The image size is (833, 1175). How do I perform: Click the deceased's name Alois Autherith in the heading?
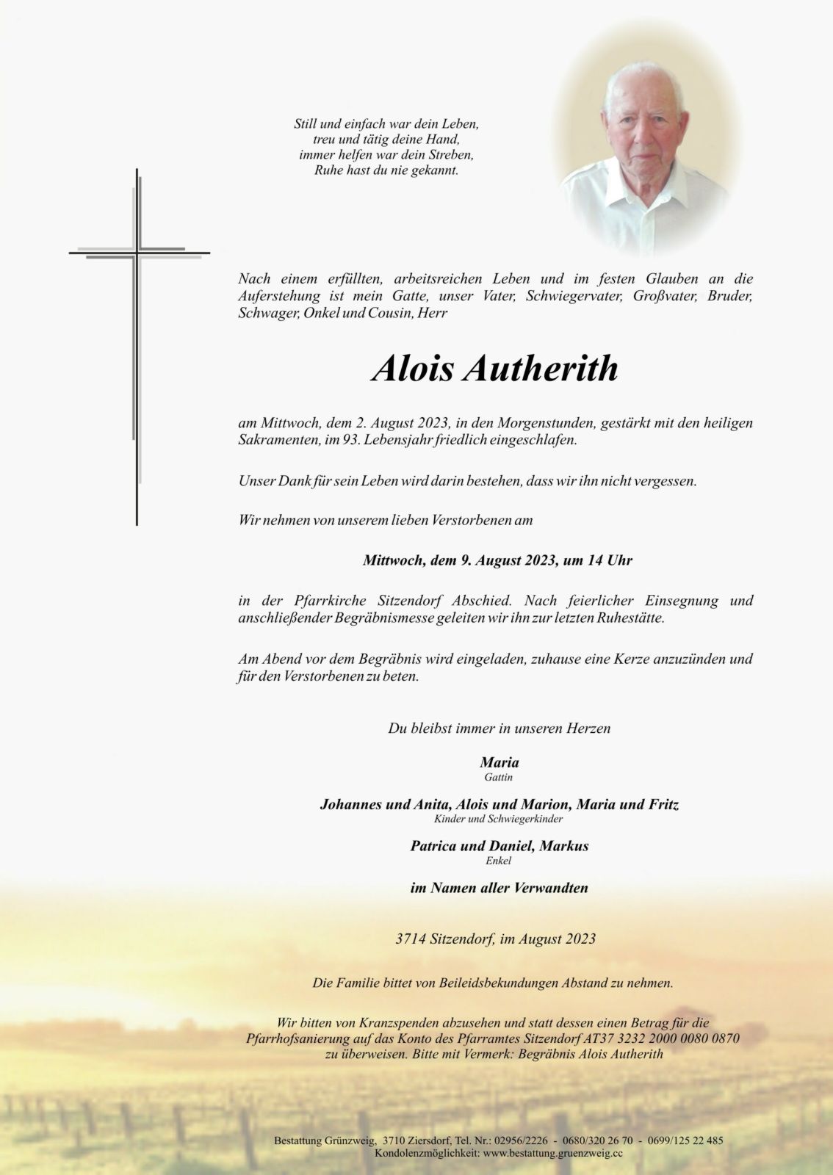point(494,369)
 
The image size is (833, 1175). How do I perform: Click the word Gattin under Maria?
point(499,777)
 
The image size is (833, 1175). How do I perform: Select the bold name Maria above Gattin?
point(499,763)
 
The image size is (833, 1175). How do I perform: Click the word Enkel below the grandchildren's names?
point(499,861)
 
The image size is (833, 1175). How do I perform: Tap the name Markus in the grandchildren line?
point(563,846)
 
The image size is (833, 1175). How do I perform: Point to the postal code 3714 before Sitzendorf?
point(411,939)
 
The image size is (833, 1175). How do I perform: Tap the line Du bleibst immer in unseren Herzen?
point(499,729)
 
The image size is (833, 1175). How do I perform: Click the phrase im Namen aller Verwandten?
point(499,888)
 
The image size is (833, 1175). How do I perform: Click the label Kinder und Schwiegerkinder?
point(499,818)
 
